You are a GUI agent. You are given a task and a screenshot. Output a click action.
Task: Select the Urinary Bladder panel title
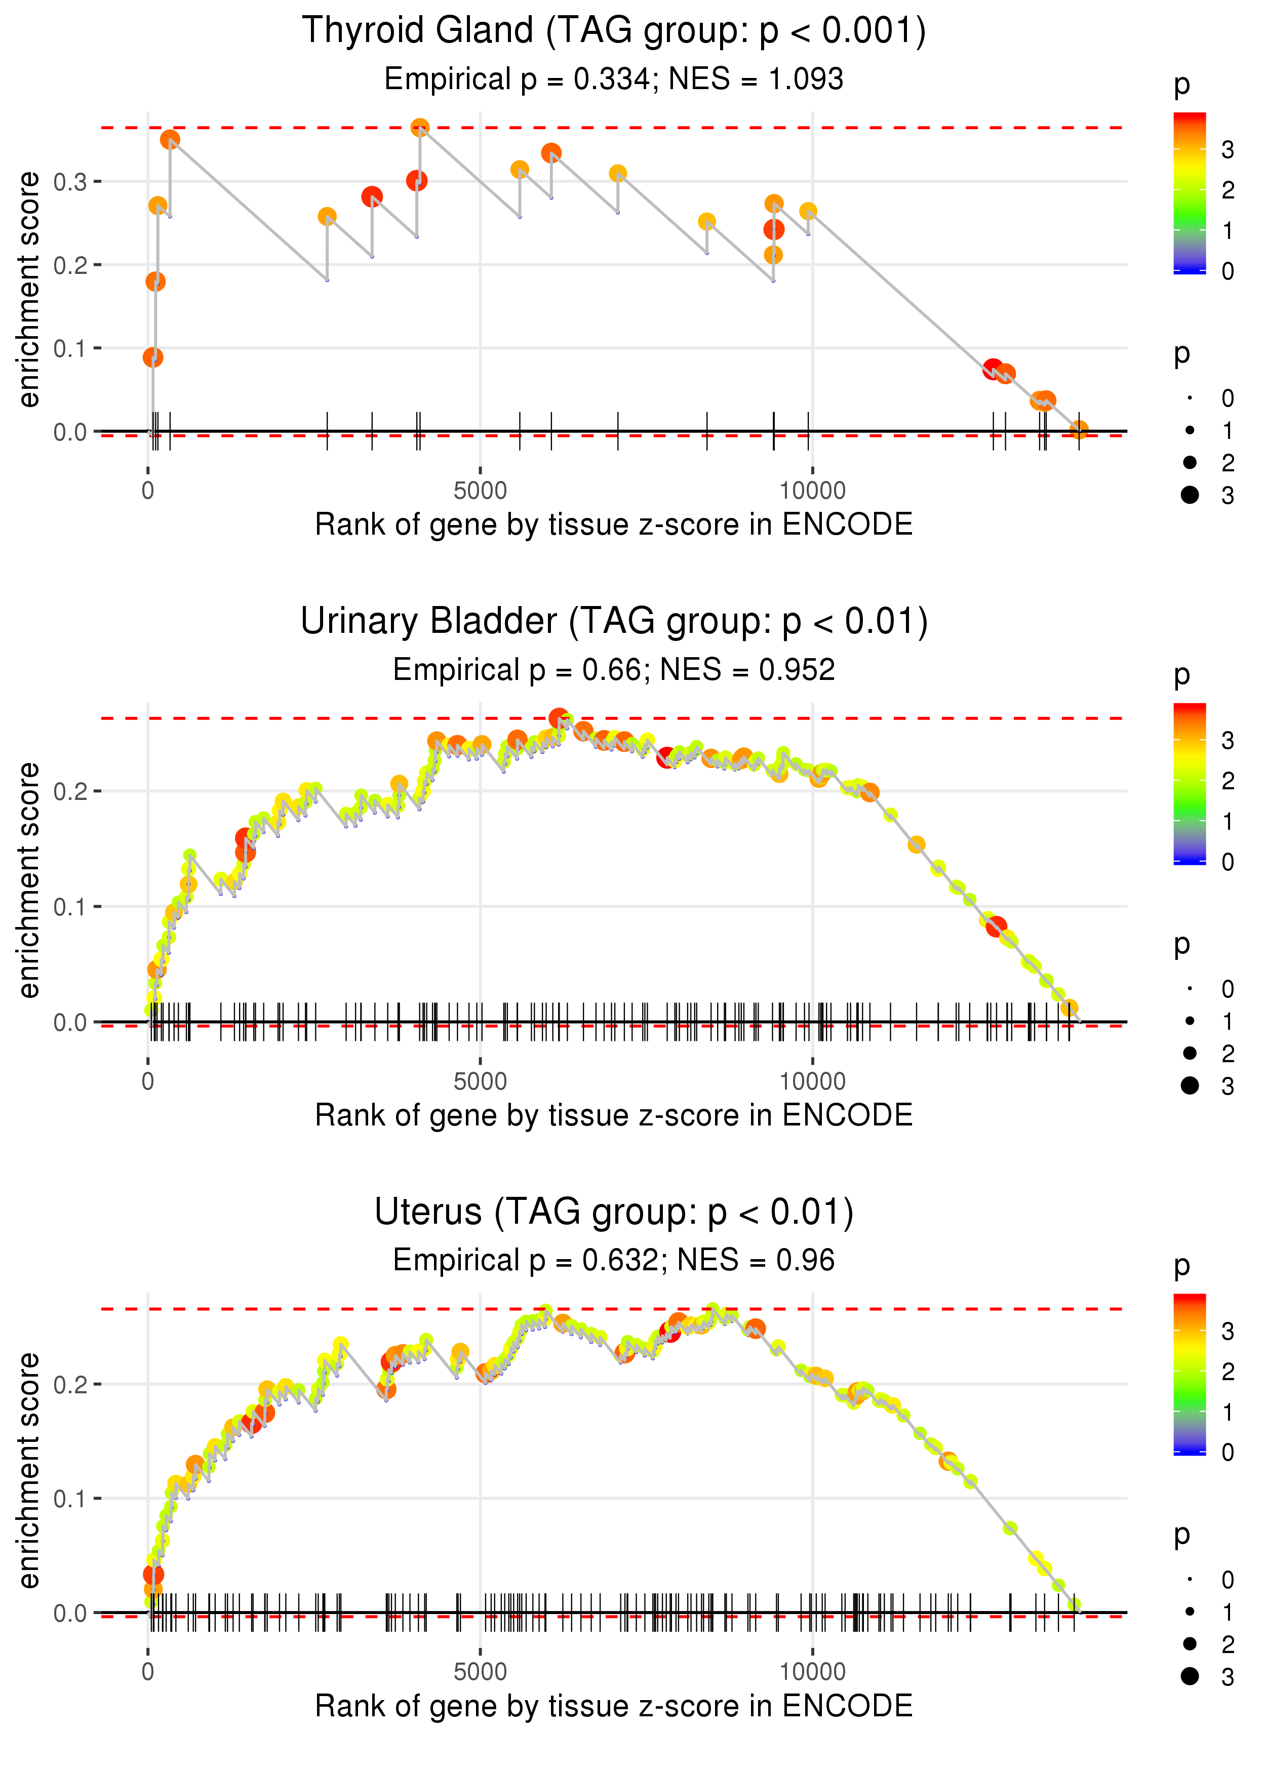(x=614, y=622)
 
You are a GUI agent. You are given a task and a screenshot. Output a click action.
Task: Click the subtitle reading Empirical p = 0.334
(x=614, y=78)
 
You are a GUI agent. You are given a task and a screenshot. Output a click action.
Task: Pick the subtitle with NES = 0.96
(x=614, y=1260)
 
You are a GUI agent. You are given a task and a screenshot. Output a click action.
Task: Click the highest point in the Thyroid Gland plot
(x=419, y=127)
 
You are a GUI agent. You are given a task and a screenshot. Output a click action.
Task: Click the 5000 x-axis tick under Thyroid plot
(x=480, y=491)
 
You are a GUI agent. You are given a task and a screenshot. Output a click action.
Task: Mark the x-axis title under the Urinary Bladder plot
(x=614, y=1115)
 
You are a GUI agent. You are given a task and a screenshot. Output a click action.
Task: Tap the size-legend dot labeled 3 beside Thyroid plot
(x=1190, y=495)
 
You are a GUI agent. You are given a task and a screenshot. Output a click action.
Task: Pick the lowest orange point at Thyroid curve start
(x=153, y=357)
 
